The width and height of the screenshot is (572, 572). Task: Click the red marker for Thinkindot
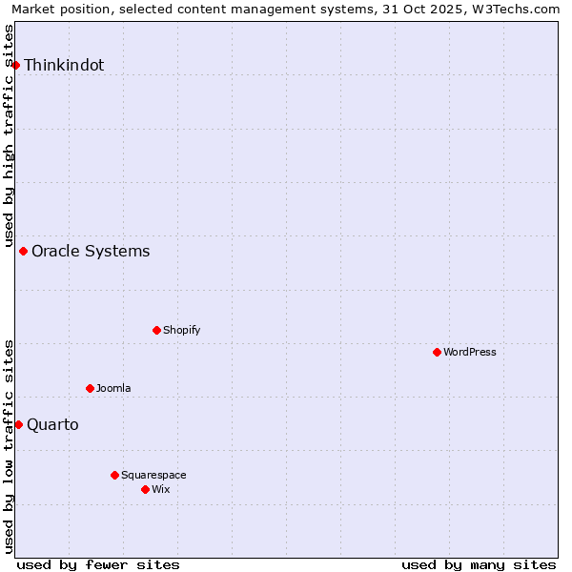click(x=16, y=65)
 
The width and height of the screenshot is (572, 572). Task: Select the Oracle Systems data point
click(x=24, y=252)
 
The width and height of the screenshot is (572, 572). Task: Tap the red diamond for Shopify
click(x=157, y=331)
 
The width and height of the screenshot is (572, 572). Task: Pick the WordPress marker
click(x=438, y=353)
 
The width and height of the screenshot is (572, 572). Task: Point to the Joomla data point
click(x=91, y=389)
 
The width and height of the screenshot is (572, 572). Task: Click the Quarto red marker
click(x=18, y=425)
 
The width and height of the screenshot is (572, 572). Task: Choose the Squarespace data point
click(x=115, y=475)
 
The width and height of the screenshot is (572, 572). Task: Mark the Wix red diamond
click(x=146, y=490)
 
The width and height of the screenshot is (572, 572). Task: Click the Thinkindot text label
click(x=64, y=66)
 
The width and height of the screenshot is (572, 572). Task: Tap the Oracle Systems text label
click(x=91, y=252)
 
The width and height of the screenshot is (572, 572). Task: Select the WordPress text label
click(x=470, y=353)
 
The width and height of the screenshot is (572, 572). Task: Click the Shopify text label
click(x=181, y=331)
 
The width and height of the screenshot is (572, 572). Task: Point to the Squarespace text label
click(x=153, y=475)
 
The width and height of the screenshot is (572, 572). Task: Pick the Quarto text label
click(x=52, y=425)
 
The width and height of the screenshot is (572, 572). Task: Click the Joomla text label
click(x=113, y=389)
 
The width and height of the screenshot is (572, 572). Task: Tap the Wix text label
click(x=161, y=490)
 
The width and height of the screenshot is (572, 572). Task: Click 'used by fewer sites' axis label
click(x=98, y=565)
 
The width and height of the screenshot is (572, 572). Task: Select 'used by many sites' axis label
click(x=479, y=565)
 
